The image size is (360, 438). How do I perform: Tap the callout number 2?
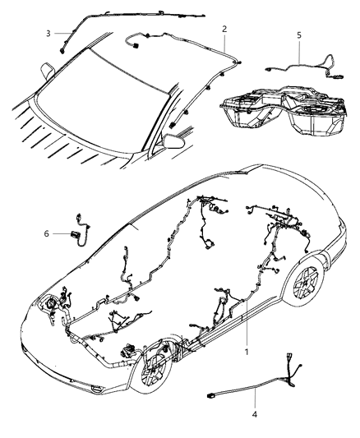coord(224,30)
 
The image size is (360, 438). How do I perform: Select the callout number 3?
coord(48,34)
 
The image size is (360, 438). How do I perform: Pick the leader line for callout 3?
coord(59,34)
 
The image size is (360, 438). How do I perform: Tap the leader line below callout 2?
coord(224,45)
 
